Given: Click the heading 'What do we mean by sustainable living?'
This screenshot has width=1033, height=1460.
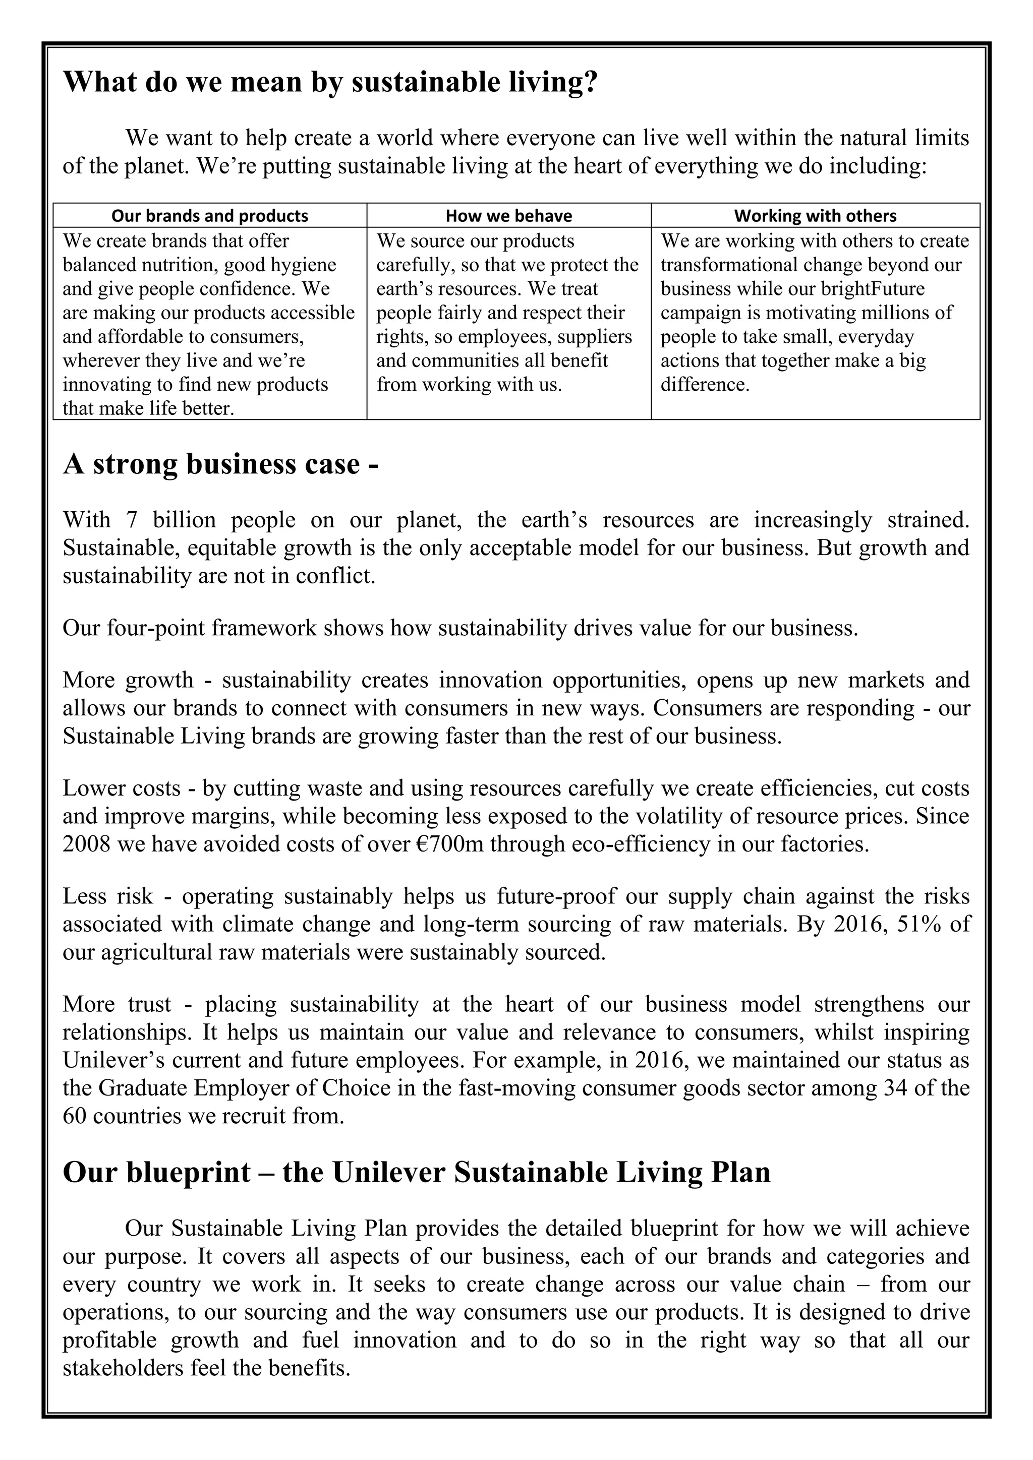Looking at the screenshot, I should coord(330,83).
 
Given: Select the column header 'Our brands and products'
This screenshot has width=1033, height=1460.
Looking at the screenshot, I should coord(209,216).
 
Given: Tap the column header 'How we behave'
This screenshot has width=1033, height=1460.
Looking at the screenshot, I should coord(508,216).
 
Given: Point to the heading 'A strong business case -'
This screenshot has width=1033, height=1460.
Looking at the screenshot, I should coord(221,464).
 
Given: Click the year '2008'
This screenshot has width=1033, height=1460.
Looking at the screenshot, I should coord(90,844).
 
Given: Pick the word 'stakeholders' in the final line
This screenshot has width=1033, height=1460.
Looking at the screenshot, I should coord(122,1368).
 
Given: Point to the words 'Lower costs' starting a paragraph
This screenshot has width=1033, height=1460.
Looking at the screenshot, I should coord(122,788).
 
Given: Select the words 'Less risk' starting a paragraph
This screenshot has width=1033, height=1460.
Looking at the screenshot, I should coord(107,896).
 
